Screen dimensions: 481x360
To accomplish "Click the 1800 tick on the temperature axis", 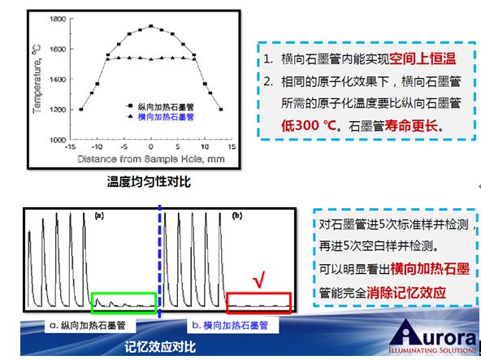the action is [x=58, y=19].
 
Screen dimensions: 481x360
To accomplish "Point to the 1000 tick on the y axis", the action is [x=58, y=140].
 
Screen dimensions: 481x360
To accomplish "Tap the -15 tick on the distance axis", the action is [x=70, y=147].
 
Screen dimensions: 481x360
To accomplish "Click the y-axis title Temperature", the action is [x=37, y=79].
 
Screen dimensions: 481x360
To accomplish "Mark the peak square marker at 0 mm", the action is [x=150, y=26].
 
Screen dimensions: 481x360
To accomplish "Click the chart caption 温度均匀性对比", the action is [x=149, y=182].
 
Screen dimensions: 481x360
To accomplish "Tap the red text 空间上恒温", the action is [x=422, y=59].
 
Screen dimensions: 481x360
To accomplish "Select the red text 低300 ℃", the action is [x=309, y=125].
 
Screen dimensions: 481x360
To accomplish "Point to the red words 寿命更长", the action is [x=411, y=125].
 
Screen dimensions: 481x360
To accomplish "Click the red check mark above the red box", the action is [x=258, y=279].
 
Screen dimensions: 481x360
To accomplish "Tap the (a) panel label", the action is [x=99, y=215].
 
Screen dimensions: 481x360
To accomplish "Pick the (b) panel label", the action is [x=237, y=215].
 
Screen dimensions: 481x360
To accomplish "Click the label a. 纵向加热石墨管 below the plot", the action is [x=88, y=325].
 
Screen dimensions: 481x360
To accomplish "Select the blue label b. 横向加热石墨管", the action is [x=230, y=325].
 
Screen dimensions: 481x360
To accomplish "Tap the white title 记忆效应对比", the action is [x=160, y=347].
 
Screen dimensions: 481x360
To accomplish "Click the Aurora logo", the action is [x=433, y=336].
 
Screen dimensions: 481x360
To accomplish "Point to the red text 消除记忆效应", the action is [x=406, y=293].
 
